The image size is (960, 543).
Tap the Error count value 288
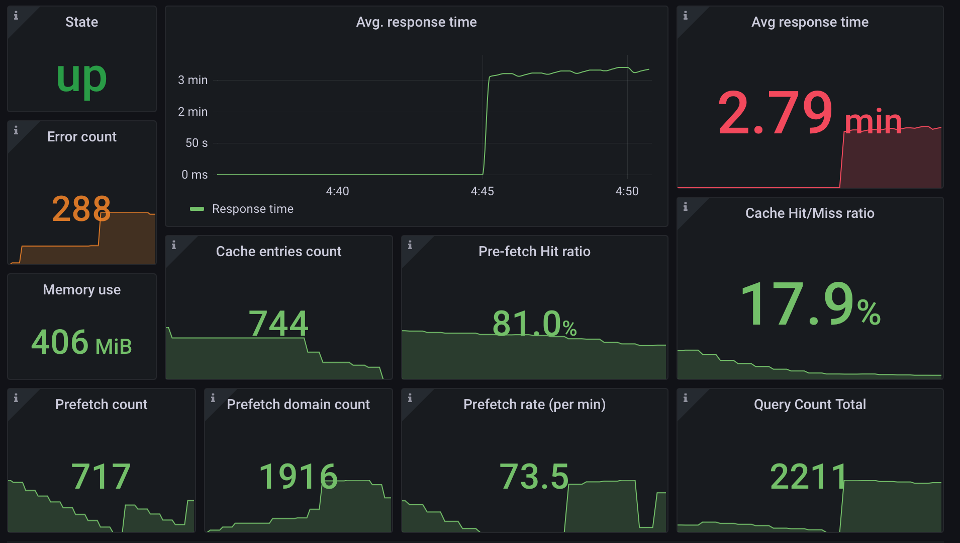81,209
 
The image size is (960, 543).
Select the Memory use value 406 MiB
81,343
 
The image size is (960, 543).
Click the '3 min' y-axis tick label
193,80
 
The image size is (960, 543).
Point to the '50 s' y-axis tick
196,143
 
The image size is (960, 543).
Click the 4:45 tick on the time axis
482,191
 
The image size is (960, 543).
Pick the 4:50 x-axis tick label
627,191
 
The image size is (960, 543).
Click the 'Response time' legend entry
252,209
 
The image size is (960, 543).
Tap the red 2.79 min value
809,114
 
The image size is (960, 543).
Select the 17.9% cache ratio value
810,304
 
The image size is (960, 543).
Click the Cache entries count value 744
278,323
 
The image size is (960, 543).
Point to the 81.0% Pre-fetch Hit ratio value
534,323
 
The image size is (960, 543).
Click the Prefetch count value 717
101,476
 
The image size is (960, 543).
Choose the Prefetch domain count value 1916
298,476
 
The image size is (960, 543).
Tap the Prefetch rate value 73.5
534,476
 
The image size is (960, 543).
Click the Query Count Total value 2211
809,476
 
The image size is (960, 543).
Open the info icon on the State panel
16,16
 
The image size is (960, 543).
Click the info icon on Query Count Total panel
685,398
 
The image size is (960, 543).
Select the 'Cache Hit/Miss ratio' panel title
810,213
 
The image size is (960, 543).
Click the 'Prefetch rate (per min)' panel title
534,405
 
